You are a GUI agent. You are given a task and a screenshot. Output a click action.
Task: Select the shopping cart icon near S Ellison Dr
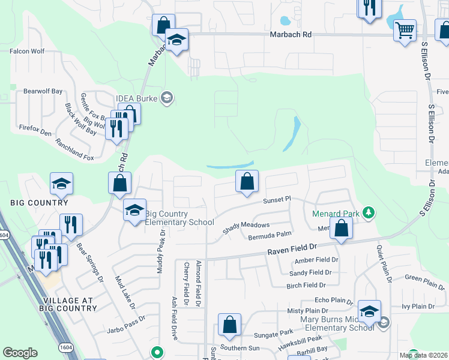[405, 29]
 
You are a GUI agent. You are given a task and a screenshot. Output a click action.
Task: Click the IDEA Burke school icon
[167, 98]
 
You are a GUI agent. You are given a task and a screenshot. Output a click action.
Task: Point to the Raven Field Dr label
[292, 247]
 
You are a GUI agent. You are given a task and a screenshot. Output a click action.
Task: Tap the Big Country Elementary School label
[179, 218]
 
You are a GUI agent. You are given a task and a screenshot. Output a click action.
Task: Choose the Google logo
[20, 353]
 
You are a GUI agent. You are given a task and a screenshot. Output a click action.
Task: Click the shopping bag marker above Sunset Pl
[247, 181]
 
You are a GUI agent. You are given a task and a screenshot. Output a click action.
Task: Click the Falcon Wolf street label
[27, 51]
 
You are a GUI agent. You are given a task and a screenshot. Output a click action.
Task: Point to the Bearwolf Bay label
[43, 91]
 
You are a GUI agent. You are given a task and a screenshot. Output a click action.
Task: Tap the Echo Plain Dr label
[333, 300]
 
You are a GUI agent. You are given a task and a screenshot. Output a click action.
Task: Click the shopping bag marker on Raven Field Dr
[341, 228]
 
